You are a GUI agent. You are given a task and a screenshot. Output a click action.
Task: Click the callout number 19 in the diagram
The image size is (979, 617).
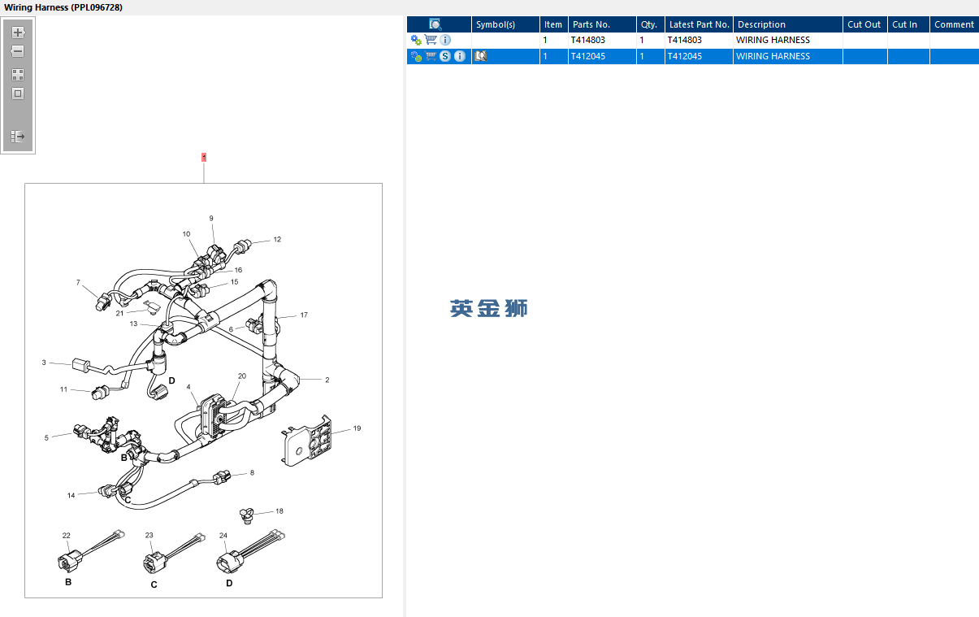357,428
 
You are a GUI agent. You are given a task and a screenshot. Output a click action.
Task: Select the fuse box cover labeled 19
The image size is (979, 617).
309,441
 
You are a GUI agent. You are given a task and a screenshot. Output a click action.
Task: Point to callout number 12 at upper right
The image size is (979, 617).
277,240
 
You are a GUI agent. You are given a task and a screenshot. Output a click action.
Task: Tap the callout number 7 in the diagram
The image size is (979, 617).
78,283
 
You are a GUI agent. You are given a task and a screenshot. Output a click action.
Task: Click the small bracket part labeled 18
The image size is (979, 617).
247,513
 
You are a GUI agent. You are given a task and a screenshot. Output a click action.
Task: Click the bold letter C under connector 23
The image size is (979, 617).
154,584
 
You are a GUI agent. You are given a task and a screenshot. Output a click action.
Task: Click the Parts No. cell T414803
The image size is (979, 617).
589,40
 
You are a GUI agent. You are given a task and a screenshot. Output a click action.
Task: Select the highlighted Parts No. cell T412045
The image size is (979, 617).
589,56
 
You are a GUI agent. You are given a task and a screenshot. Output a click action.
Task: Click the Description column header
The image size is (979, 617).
761,24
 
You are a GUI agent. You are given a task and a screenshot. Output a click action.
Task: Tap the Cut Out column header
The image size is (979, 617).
864,24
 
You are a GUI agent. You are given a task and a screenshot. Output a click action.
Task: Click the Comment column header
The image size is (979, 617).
953,24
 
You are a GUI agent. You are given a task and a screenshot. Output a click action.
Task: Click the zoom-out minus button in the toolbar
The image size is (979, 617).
18,51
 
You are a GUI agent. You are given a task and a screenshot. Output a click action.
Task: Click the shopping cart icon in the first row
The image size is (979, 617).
431,40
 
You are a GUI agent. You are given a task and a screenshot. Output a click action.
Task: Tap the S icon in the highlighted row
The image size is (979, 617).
445,56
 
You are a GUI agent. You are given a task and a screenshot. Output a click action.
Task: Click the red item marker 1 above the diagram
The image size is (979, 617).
204,157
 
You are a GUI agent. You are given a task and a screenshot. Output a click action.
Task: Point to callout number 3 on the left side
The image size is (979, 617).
44,363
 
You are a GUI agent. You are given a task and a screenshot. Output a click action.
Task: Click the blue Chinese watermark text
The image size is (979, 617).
488,308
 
